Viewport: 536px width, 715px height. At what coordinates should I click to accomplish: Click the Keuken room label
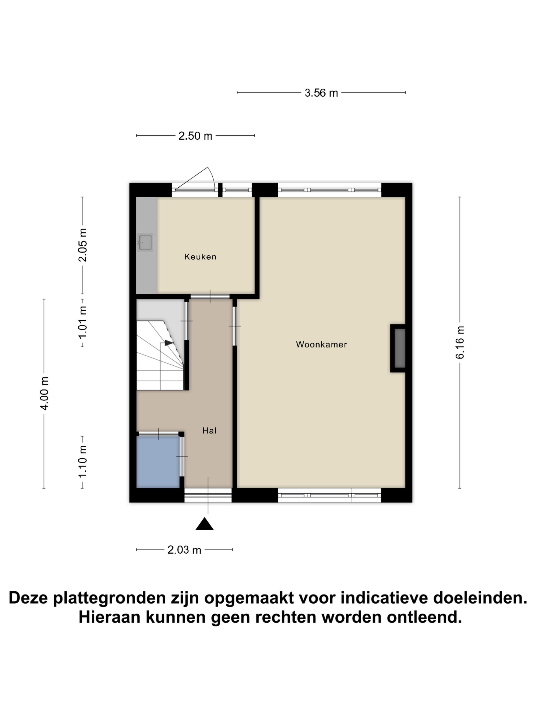200,257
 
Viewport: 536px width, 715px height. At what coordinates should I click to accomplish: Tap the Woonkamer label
321,344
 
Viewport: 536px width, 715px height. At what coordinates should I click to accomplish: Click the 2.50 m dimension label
195,136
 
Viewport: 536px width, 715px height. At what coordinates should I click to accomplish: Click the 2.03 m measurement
184,550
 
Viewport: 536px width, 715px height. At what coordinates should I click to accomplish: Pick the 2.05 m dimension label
83,245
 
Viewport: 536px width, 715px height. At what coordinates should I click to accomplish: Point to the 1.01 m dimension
83,322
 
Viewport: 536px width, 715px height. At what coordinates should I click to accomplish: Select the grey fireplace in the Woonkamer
400,348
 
